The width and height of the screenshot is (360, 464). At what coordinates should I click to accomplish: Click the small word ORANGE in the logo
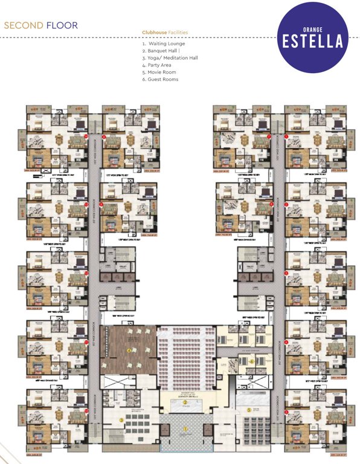coord(312,28)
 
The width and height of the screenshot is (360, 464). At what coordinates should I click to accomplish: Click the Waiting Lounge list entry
coord(164,43)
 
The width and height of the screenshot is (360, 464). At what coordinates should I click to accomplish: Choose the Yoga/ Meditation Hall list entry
coord(170,58)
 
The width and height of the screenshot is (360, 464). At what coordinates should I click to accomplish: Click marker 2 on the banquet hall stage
coord(186,402)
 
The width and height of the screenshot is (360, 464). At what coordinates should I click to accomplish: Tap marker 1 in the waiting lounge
coord(186,429)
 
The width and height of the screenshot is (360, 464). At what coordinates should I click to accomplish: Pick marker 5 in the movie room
coord(249,410)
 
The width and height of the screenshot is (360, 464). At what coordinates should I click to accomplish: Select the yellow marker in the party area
coord(129,349)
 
